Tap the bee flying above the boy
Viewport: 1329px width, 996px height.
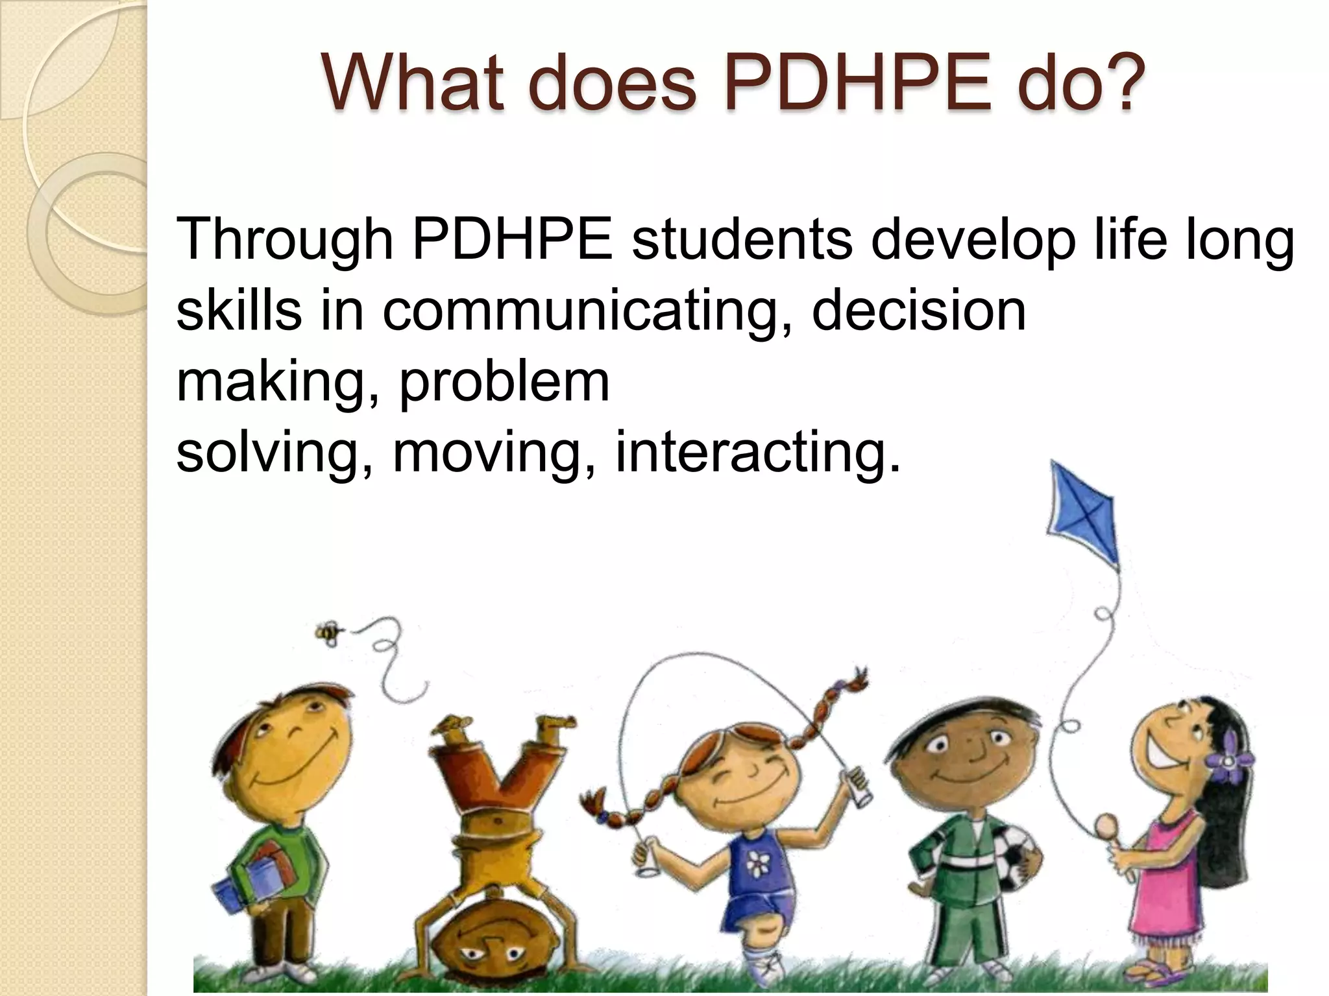328,632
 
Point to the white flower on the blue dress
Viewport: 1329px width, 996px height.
757,863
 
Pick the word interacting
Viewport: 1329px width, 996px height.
758,452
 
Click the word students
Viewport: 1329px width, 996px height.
742,239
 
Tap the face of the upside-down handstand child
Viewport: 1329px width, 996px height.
494,946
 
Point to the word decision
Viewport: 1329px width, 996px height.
919,311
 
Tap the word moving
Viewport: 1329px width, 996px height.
487,452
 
